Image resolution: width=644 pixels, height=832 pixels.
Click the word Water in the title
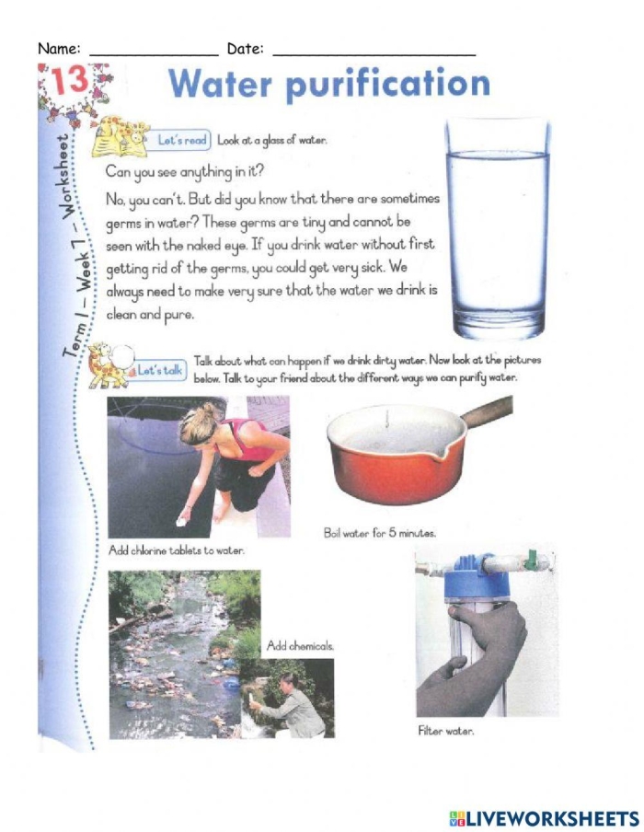click(x=223, y=85)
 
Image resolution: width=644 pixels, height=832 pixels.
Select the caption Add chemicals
click(x=300, y=646)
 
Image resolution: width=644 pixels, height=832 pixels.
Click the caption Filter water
click(x=446, y=732)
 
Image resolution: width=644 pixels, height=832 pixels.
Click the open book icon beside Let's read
click(x=122, y=136)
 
